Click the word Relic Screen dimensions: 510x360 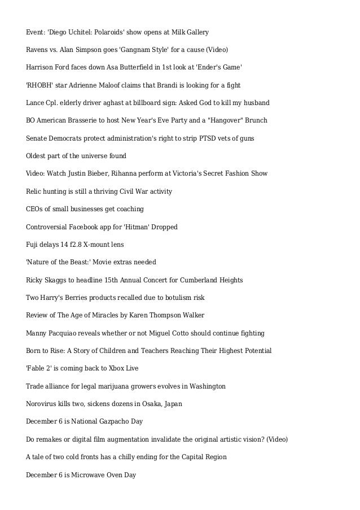point(35,191)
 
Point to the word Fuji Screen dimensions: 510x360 point(33,245)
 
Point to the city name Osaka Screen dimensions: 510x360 point(143,404)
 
